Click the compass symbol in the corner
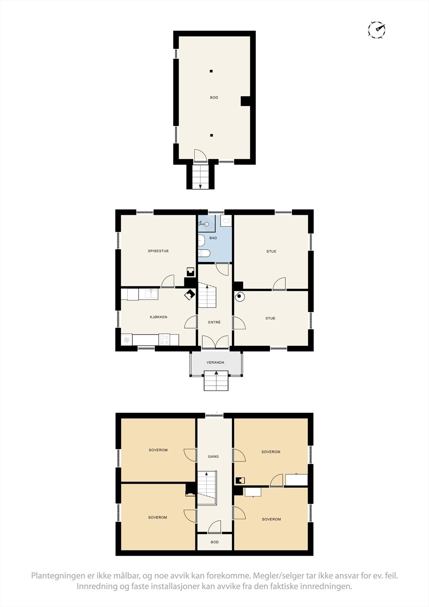pos(377,29)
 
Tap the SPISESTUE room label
pos(158,251)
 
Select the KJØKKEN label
pos(158,317)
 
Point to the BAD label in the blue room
pos(213,238)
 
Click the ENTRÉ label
pos(214,322)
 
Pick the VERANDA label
pos(215,363)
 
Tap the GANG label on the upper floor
pos(213,457)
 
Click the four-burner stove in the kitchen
pos(164,340)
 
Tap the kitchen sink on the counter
pos(151,294)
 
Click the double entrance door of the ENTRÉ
pos(215,342)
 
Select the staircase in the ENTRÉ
pos(207,296)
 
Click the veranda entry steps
pos(216,381)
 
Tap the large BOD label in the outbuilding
pos(214,98)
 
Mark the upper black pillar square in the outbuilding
pos(211,71)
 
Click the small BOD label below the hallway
pos(215,542)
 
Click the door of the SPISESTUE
pos(167,281)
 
